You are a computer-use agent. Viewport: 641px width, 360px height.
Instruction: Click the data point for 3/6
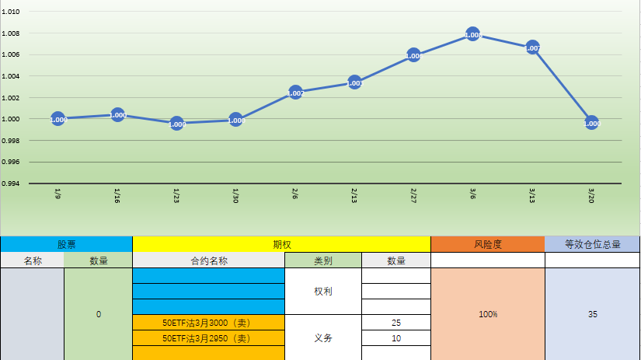tap(472, 34)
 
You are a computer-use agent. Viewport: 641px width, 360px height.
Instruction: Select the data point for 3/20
tap(591, 123)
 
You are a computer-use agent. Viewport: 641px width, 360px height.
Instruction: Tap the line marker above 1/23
tap(176, 124)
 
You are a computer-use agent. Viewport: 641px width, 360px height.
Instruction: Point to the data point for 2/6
tap(295, 93)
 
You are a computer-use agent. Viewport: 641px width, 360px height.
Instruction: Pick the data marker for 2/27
tap(413, 55)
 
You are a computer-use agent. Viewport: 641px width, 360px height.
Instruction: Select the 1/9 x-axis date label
tap(57, 194)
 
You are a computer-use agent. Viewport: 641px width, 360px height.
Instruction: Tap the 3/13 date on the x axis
tap(532, 194)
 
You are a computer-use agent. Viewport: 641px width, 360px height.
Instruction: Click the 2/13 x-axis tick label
tap(354, 194)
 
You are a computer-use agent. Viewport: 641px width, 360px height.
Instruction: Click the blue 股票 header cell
tap(66, 244)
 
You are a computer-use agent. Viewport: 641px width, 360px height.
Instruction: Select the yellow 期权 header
tap(281, 244)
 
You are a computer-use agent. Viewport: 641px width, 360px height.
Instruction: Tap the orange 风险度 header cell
tap(487, 244)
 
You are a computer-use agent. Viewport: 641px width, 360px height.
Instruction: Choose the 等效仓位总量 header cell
tap(592, 244)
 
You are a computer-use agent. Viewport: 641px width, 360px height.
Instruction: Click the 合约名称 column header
tap(208, 260)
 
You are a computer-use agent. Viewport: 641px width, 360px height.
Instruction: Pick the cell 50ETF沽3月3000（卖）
tap(208, 322)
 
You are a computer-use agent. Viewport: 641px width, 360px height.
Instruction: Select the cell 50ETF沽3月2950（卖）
tap(208, 338)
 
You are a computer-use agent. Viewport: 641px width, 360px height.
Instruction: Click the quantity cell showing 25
tap(396, 322)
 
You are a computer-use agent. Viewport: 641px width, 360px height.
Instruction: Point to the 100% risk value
tap(487, 314)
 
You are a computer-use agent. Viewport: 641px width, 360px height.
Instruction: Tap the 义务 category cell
tap(323, 338)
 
